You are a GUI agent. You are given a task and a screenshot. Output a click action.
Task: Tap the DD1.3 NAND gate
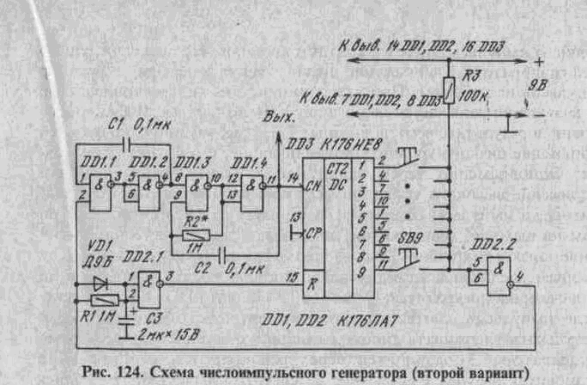pyautogui.click(x=199, y=188)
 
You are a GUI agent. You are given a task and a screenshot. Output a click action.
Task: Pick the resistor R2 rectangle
pyautogui.click(x=197, y=234)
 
